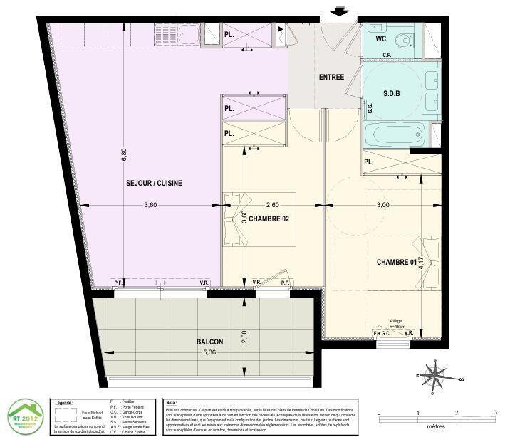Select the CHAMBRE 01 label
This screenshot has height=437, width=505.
click(x=396, y=262)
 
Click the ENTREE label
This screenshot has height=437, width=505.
click(x=332, y=77)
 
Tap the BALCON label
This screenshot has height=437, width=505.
click(x=210, y=342)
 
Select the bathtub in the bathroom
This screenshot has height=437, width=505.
click(x=394, y=134)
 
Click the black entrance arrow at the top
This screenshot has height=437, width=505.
click(x=340, y=11)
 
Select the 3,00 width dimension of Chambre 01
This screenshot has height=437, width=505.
click(x=382, y=205)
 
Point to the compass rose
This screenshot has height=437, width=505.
click(x=434, y=373)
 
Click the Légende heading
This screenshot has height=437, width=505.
click(x=66, y=403)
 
